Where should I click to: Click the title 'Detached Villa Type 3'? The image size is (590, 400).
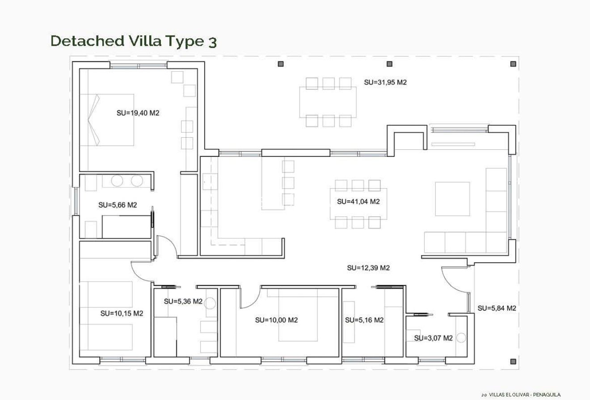[134, 41]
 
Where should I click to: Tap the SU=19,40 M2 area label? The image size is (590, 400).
[138, 113]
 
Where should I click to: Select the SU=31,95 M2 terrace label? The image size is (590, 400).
[385, 82]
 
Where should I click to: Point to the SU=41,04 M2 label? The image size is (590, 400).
[358, 202]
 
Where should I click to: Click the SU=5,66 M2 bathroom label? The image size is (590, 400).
[118, 205]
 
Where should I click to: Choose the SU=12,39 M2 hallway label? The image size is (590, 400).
[368, 268]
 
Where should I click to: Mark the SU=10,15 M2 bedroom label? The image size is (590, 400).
[122, 313]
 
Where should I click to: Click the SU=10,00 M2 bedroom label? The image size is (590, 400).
[276, 320]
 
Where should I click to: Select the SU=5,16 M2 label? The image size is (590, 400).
[364, 320]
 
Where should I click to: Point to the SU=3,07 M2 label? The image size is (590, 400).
[433, 338]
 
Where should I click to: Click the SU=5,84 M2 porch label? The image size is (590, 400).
[497, 308]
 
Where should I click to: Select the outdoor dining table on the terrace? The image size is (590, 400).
[328, 102]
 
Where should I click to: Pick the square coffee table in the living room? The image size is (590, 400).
[452, 199]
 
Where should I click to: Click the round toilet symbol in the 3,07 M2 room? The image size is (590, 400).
[461, 337]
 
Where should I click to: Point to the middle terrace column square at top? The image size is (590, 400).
[389, 64]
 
